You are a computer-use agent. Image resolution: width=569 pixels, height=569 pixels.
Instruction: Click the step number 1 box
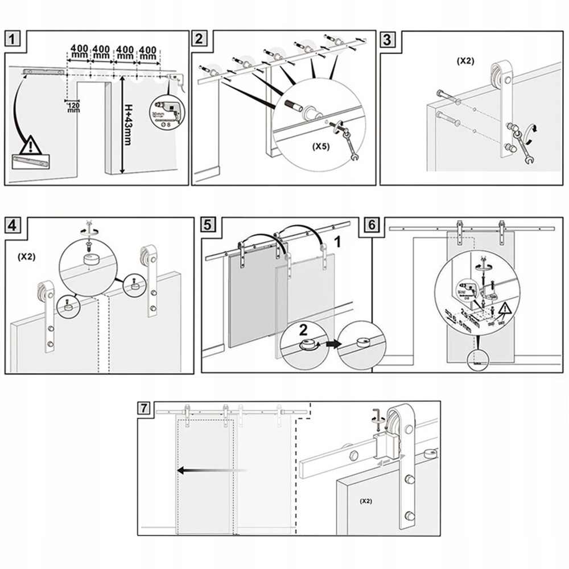[15, 39]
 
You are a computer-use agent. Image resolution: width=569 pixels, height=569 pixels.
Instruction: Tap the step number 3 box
[387, 39]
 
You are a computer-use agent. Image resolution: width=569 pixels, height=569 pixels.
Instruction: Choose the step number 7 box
[146, 407]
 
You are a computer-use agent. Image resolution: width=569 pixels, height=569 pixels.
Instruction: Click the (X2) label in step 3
[466, 60]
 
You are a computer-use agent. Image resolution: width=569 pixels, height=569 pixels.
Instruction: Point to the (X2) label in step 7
[365, 502]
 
